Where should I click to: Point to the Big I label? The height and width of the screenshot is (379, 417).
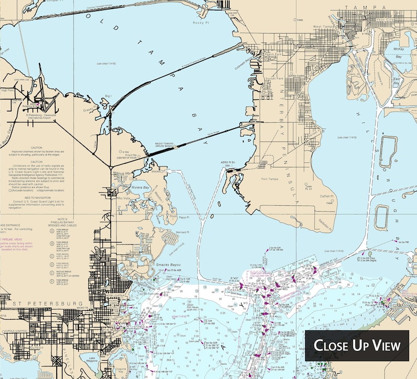pyautogui.click(x=108, y=96)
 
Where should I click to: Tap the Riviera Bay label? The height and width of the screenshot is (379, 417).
pyautogui.click(x=141, y=187)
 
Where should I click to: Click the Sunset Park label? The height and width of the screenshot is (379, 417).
pyautogui.click(x=274, y=79)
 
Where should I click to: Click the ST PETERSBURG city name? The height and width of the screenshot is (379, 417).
pyautogui.click(x=42, y=304)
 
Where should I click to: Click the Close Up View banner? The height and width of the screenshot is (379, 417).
pyautogui.click(x=357, y=345)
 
